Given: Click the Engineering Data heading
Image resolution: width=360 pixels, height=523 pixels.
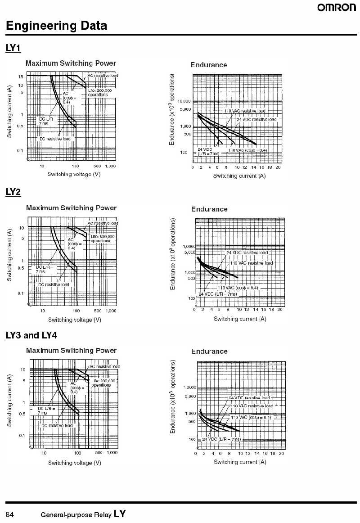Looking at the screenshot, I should coord(56,26).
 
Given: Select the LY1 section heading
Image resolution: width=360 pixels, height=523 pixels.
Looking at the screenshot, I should coord(13,48).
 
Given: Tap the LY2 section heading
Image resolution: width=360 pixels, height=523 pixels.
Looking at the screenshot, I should coord(13,192).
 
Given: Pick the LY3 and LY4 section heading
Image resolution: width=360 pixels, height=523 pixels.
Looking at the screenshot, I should coord(31,335).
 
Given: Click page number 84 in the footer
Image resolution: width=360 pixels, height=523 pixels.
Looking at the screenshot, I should coord(10,514).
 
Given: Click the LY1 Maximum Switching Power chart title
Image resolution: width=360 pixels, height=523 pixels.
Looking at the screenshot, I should coord(71,63).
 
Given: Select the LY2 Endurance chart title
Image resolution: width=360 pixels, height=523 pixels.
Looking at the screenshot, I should coord(209,209).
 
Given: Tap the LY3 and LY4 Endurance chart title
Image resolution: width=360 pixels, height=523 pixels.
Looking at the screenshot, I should coord(209,351).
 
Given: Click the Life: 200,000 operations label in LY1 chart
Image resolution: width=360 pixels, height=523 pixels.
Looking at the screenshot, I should coord(99,93).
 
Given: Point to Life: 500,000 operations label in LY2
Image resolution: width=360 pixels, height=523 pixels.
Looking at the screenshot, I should coord(103,239).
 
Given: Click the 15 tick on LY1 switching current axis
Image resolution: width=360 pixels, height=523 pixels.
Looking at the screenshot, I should coord(21,77).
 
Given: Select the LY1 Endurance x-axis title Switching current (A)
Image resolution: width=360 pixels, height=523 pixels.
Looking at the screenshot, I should coord(239,176).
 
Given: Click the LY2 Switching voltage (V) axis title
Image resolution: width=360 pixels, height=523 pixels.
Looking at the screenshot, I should coord(74,320).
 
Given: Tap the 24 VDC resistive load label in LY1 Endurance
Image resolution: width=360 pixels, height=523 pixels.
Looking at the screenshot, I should coord(256,119).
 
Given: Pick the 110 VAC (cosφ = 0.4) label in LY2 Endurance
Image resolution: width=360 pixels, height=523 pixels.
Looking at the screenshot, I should coord(238,288).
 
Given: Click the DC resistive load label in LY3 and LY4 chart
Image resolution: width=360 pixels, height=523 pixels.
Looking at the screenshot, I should coord(57,425).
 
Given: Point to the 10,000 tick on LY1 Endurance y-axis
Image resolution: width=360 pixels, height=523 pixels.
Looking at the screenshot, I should coord(184,101).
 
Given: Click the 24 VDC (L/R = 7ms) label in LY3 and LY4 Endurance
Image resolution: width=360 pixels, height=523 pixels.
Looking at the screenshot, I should coord(221,439).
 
